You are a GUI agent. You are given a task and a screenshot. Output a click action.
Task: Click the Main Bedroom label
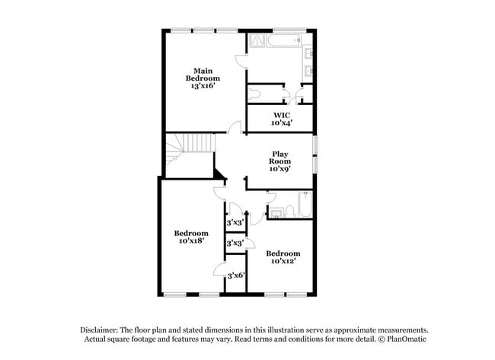pyautogui.click(x=203, y=73)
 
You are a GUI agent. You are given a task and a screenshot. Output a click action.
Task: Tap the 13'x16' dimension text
pyautogui.click(x=203, y=86)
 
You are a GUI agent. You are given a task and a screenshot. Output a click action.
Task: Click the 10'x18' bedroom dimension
pyautogui.click(x=190, y=241)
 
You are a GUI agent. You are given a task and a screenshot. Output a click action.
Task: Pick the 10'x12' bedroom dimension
pyautogui.click(x=283, y=260)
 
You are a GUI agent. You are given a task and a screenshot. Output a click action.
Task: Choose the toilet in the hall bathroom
pyautogui.click(x=277, y=212)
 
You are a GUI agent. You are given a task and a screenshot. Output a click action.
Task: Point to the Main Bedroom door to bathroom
pyautogui.click(x=240, y=62)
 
